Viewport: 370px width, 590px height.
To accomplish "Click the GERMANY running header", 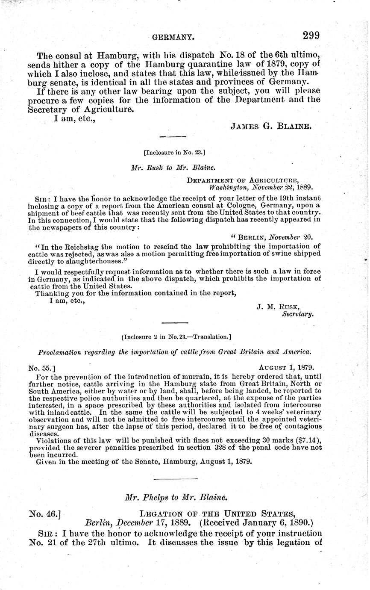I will click(174, 38).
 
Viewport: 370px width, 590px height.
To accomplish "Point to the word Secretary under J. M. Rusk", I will click(298, 314).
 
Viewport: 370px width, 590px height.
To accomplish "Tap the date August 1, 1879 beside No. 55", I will click(287, 367).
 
